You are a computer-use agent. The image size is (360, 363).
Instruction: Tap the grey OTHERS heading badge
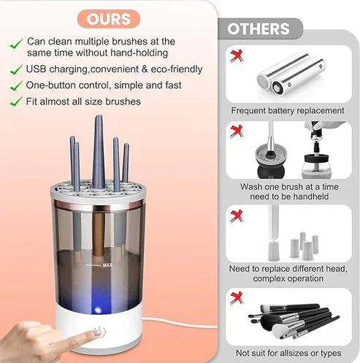258,28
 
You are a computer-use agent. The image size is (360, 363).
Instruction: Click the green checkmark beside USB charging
15,69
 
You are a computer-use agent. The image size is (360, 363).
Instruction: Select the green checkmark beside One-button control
15,85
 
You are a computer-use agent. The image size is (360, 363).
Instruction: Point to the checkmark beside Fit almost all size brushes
15,102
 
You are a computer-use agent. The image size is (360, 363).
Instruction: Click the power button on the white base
101,332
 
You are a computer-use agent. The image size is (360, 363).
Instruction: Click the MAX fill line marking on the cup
107,264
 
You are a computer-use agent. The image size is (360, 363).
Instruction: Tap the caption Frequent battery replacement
287,111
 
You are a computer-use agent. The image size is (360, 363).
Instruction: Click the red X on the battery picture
235,56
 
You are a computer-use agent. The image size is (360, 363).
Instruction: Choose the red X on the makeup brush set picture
235,296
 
